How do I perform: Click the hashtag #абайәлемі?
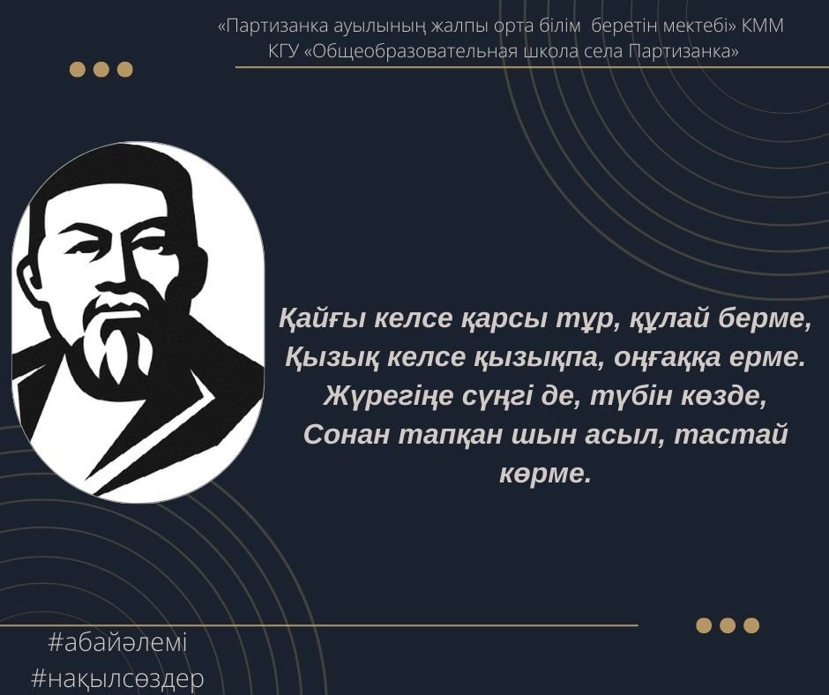(x=117, y=643)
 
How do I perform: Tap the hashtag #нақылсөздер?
(x=117, y=678)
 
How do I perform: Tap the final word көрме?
(x=544, y=474)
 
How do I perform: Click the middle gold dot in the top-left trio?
(x=101, y=70)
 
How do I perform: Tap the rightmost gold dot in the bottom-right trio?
(x=751, y=625)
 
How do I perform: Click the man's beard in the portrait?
(x=117, y=339)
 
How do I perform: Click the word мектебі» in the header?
(x=700, y=26)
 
